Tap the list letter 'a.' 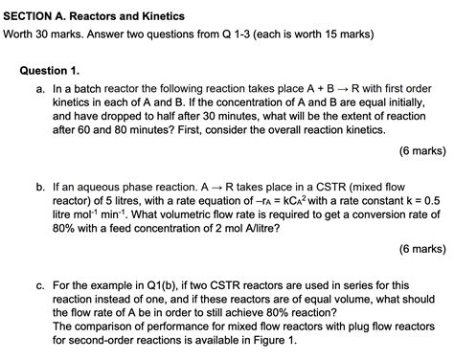[38, 88]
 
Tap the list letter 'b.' [38, 185]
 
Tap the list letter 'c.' [38, 284]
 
